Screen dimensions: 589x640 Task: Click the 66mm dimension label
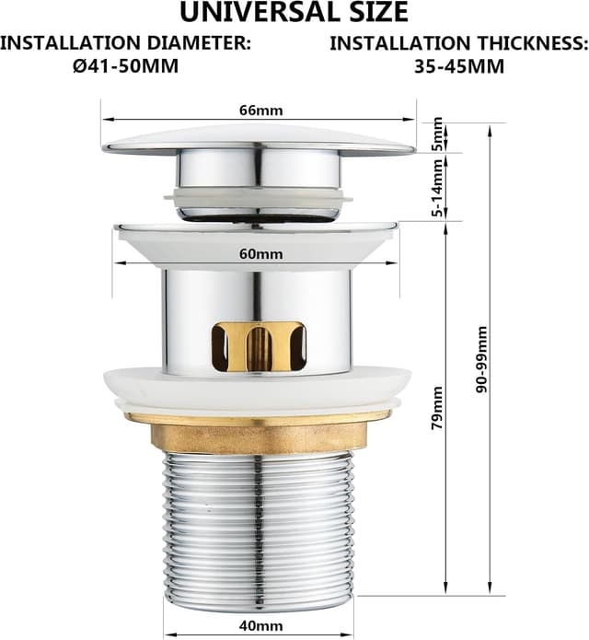point(260,111)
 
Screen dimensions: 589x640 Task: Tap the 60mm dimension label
point(260,254)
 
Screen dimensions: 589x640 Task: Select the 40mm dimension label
point(260,625)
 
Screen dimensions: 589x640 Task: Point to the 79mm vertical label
point(437,407)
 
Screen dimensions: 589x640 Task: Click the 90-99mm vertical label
point(481,359)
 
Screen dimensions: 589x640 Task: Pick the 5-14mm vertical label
point(437,188)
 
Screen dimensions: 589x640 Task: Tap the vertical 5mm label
point(438,134)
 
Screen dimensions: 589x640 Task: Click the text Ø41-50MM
point(126,65)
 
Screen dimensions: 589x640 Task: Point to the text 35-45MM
point(459,65)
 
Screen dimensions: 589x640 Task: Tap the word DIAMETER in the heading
point(199,43)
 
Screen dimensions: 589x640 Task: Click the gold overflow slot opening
point(259,346)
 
